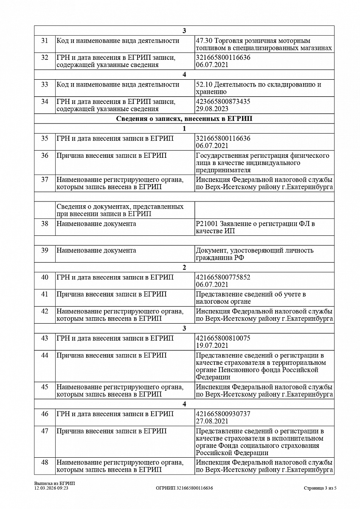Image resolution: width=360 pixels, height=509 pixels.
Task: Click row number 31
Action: click(x=45, y=41)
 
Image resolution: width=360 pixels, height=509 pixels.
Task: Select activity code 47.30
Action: click(x=204, y=41)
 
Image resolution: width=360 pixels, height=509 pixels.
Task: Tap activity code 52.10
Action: click(x=204, y=84)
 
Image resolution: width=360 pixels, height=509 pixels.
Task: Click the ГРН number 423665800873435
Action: click(x=223, y=102)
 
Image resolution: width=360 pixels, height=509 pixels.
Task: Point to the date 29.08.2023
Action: click(x=212, y=109)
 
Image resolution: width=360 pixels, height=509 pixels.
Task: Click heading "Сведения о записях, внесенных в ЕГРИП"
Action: click(x=184, y=119)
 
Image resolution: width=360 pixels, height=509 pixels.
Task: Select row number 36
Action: click(x=45, y=156)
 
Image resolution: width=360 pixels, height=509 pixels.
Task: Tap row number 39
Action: click(x=45, y=250)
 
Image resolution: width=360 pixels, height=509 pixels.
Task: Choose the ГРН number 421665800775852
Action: click(x=223, y=277)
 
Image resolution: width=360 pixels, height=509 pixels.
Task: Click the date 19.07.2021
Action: click(x=212, y=346)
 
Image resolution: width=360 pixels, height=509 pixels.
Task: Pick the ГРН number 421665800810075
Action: click(x=223, y=338)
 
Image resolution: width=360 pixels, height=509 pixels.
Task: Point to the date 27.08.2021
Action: click(x=212, y=421)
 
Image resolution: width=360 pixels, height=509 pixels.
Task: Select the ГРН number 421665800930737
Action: click(x=223, y=414)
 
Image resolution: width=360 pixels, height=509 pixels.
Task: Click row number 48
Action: click(x=45, y=462)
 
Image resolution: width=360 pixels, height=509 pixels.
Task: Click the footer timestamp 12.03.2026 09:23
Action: click(x=51, y=488)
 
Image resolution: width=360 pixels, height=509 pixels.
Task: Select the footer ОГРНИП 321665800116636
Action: click(x=184, y=488)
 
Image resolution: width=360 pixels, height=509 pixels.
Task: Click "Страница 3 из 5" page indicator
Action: click(x=320, y=488)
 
